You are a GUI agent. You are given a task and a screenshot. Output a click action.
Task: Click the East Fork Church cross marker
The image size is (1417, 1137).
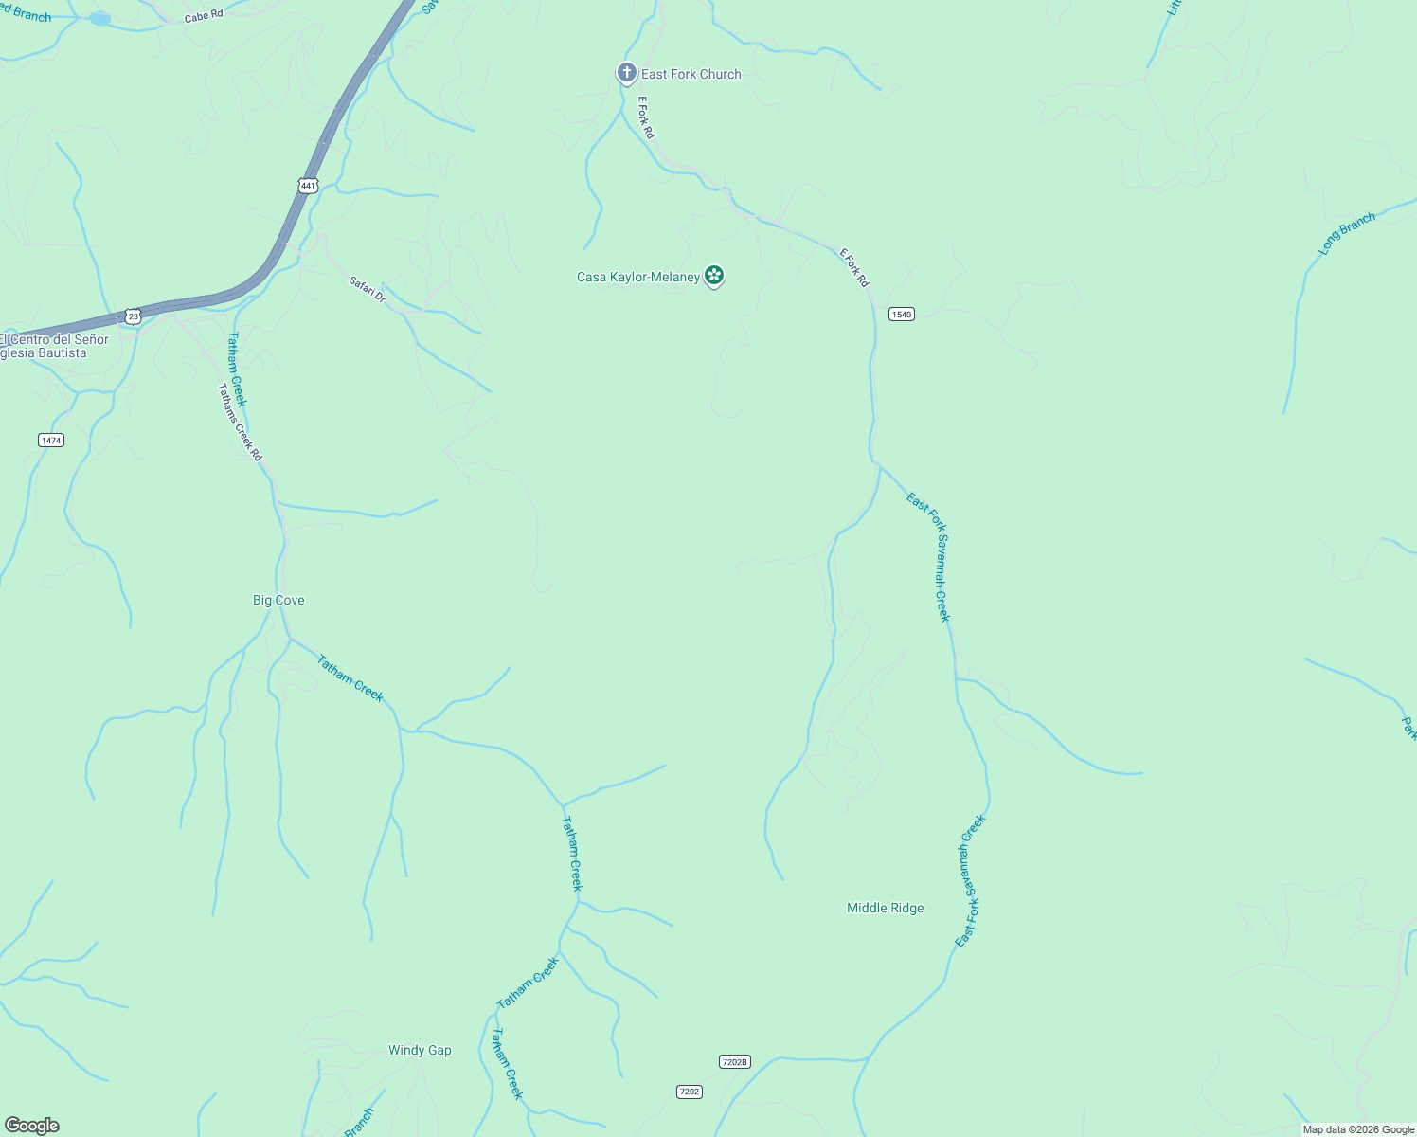pyautogui.click(x=626, y=73)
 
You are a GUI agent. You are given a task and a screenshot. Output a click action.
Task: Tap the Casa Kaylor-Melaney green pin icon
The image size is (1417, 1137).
pyautogui.click(x=714, y=276)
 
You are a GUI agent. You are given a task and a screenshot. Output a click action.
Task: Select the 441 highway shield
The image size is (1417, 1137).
pyautogui.click(x=308, y=186)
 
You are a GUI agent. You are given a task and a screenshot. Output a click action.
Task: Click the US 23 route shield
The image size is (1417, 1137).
pyautogui.click(x=134, y=316)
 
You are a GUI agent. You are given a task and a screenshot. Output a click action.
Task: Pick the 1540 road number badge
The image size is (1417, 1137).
pyautogui.click(x=901, y=314)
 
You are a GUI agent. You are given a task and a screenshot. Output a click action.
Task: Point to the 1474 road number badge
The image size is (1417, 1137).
pyautogui.click(x=51, y=440)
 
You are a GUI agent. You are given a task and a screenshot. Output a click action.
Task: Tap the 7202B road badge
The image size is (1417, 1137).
pyautogui.click(x=734, y=1061)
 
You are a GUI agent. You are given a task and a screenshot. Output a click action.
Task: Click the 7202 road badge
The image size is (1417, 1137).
pyautogui.click(x=690, y=1092)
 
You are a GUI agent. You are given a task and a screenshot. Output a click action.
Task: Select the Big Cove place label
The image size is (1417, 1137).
pyautogui.click(x=278, y=600)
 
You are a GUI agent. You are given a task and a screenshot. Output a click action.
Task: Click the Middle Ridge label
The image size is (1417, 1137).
pyautogui.click(x=885, y=908)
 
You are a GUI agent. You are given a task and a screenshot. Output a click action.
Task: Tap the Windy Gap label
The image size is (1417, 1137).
pyautogui.click(x=420, y=1050)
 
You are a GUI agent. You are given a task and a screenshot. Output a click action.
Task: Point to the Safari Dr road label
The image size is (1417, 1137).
pyautogui.click(x=368, y=289)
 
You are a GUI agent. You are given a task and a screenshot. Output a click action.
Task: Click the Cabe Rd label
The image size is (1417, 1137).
pyautogui.click(x=203, y=16)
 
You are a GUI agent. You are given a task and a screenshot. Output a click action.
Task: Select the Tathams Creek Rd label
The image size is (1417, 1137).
pyautogui.click(x=240, y=422)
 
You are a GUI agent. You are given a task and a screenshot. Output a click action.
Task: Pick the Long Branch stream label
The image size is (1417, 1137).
pyautogui.click(x=1346, y=234)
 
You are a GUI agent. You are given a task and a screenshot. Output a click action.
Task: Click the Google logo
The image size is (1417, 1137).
pyautogui.click(x=32, y=1126)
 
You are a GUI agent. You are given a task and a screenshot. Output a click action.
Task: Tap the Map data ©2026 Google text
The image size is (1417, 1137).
pyautogui.click(x=1357, y=1129)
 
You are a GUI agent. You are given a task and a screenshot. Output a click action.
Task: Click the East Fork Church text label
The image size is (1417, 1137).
pyautogui.click(x=691, y=74)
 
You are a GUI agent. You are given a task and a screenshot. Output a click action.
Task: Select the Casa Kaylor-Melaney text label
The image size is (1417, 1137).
pyautogui.click(x=638, y=277)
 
